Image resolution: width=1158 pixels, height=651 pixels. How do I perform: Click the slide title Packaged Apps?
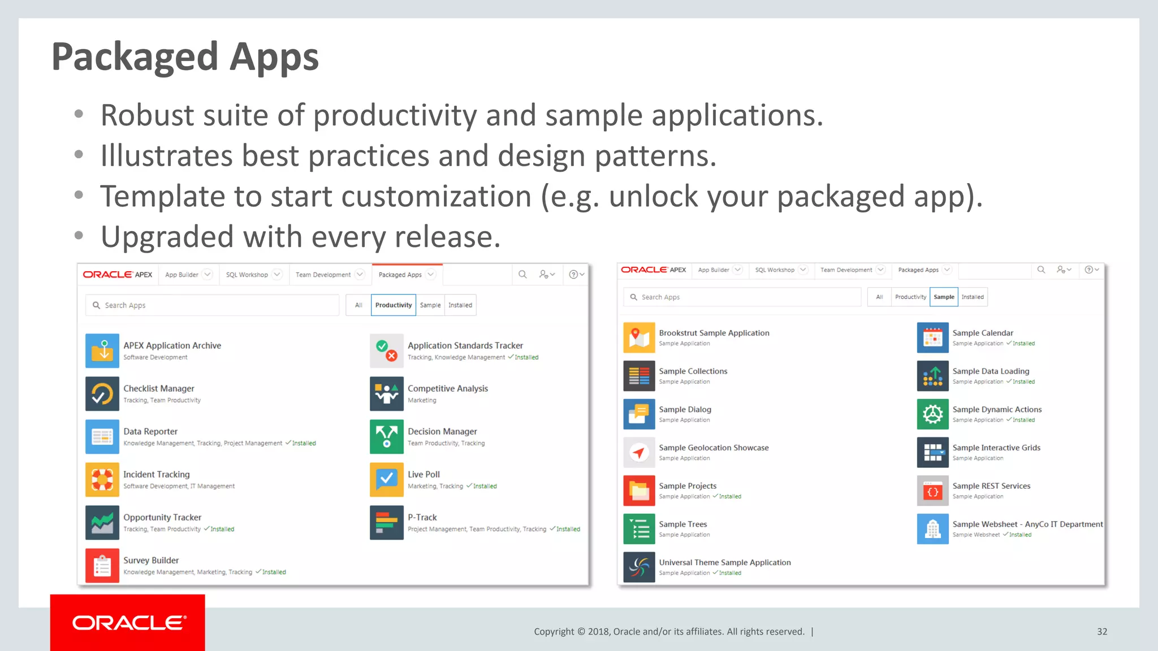(185, 58)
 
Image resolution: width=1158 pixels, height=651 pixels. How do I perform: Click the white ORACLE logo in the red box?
(128, 623)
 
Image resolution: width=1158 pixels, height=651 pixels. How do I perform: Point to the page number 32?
(1101, 632)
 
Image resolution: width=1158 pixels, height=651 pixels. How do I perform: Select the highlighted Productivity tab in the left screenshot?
(393, 305)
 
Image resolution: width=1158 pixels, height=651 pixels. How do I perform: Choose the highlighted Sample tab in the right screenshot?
(943, 297)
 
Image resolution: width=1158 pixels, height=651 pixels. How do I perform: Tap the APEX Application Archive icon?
(102, 350)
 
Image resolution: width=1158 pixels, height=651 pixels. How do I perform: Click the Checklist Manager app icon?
(102, 393)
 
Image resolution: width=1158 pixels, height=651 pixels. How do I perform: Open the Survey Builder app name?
(151, 560)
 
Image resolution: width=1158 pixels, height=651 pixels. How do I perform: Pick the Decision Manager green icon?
(386, 436)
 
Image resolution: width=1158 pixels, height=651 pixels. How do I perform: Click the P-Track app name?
(422, 517)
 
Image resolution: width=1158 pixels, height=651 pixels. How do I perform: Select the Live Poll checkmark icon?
(386, 479)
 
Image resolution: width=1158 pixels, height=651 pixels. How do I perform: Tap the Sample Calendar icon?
(932, 337)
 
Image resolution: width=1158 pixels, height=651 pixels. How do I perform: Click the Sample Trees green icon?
(639, 529)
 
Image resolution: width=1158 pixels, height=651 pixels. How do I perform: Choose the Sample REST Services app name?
(991, 486)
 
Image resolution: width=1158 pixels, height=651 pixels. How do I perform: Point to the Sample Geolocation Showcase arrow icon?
(639, 452)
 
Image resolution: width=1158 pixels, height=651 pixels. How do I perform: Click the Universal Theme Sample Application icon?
(639, 567)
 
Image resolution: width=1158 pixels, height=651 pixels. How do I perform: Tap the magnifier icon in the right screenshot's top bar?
(1040, 270)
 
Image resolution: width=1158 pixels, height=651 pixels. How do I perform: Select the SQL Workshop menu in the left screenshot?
(247, 275)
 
